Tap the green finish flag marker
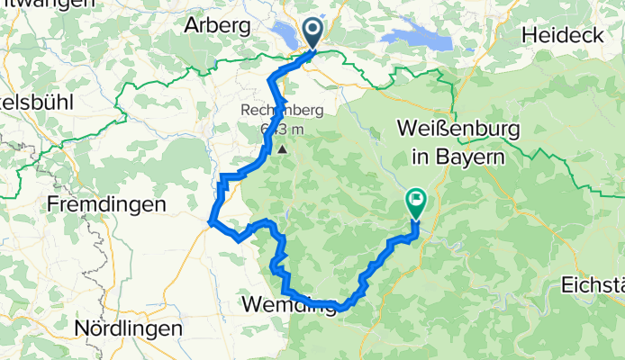416,201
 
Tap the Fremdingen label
107,204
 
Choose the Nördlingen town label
130,328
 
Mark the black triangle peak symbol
283,150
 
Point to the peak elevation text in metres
281,130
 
